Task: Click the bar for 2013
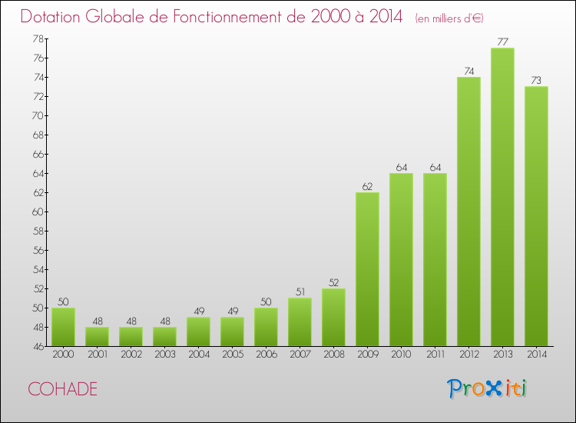pyautogui.click(x=502, y=197)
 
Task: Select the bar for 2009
pyautogui.click(x=367, y=269)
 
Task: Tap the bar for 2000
pyautogui.click(x=63, y=327)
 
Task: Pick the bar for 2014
pyautogui.click(x=536, y=216)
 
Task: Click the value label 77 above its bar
pyautogui.click(x=502, y=42)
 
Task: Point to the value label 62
pyautogui.click(x=367, y=186)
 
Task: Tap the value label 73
pyautogui.click(x=536, y=81)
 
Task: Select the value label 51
pyautogui.click(x=300, y=292)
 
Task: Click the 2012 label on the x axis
pyautogui.click(x=468, y=354)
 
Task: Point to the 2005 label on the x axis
pyautogui.click(x=232, y=354)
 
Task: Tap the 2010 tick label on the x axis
pyautogui.click(x=401, y=354)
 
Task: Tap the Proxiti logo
pyautogui.click(x=488, y=388)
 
